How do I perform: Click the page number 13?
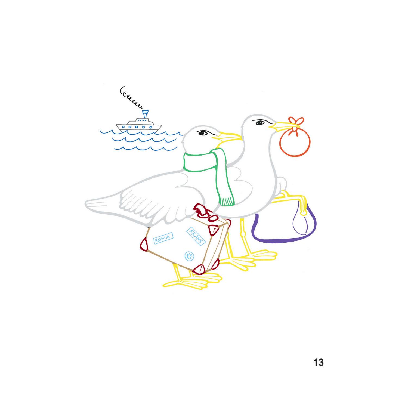pyautogui.click(x=319, y=362)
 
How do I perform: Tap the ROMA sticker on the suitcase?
pyautogui.click(x=162, y=239)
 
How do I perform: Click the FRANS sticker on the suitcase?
pyautogui.click(x=196, y=236)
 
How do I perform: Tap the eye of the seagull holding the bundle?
pyautogui.click(x=260, y=123)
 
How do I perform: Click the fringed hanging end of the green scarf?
pyautogui.click(x=227, y=202)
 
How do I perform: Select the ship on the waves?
pyautogui.click(x=139, y=124)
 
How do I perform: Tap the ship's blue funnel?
pyautogui.click(x=145, y=114)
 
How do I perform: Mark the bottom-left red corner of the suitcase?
pyautogui.click(x=144, y=244)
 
